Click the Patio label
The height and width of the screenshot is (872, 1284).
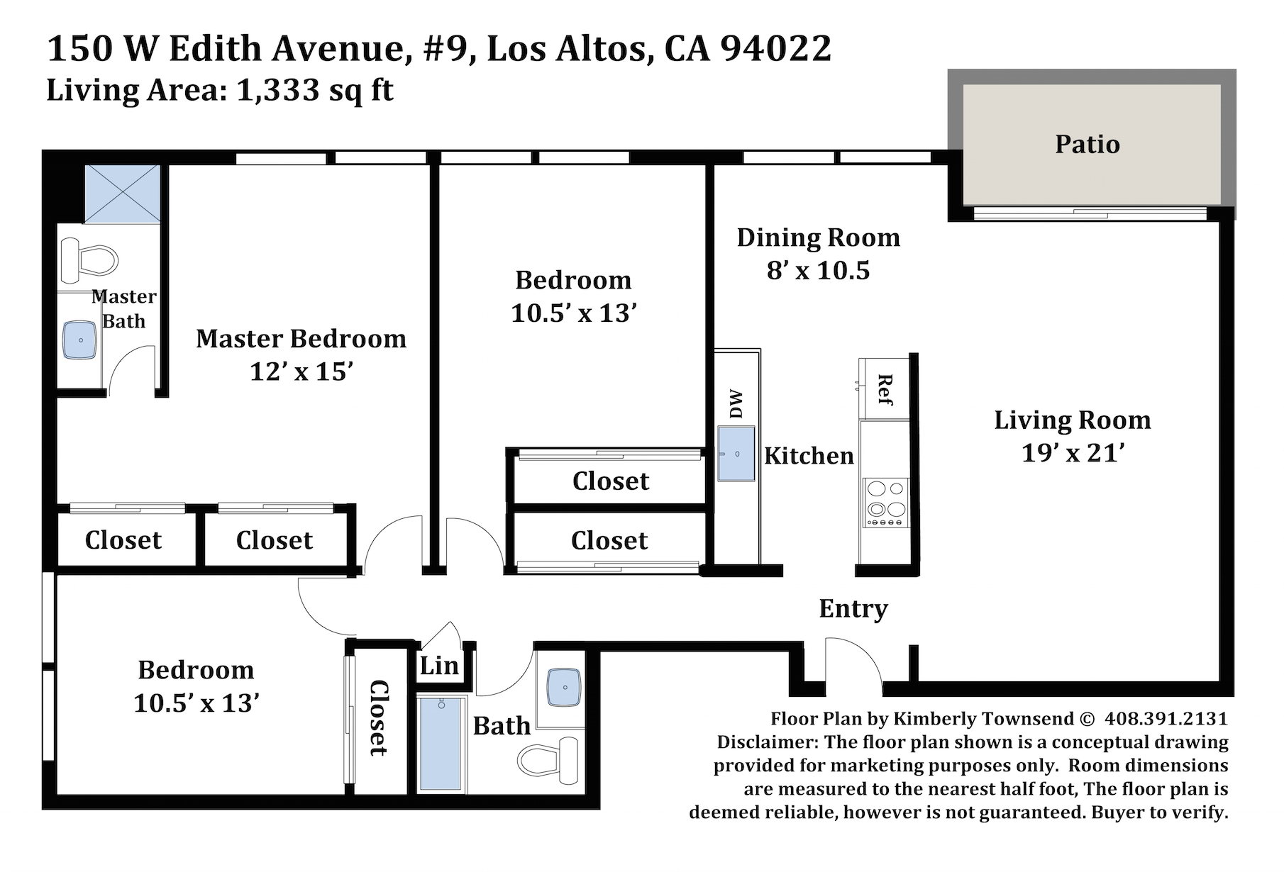(1087, 144)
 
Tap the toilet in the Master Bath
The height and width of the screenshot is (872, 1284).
(88, 259)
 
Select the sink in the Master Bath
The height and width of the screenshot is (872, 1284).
(80, 340)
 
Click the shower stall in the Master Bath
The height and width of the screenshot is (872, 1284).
(122, 195)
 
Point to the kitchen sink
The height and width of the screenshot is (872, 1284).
(736, 453)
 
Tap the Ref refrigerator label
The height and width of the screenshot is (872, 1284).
(885, 390)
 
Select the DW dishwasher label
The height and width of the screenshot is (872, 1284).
(736, 404)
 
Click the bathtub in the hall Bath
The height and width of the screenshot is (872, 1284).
(441, 743)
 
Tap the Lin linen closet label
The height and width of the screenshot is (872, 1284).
(439, 666)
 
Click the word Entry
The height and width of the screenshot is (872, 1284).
(853, 609)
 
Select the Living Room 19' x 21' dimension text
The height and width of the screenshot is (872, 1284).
(1073, 452)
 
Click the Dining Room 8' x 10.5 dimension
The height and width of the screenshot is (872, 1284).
(818, 270)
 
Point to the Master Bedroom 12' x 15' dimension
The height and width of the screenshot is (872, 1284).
(301, 371)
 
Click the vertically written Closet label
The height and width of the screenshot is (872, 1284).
(379, 717)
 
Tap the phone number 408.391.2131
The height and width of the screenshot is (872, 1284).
(1166, 718)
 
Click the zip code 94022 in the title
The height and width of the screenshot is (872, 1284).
(775, 48)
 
